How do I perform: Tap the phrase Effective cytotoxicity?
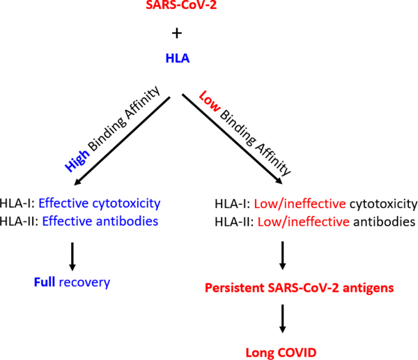coord(100,203)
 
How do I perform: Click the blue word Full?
coord(45,283)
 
